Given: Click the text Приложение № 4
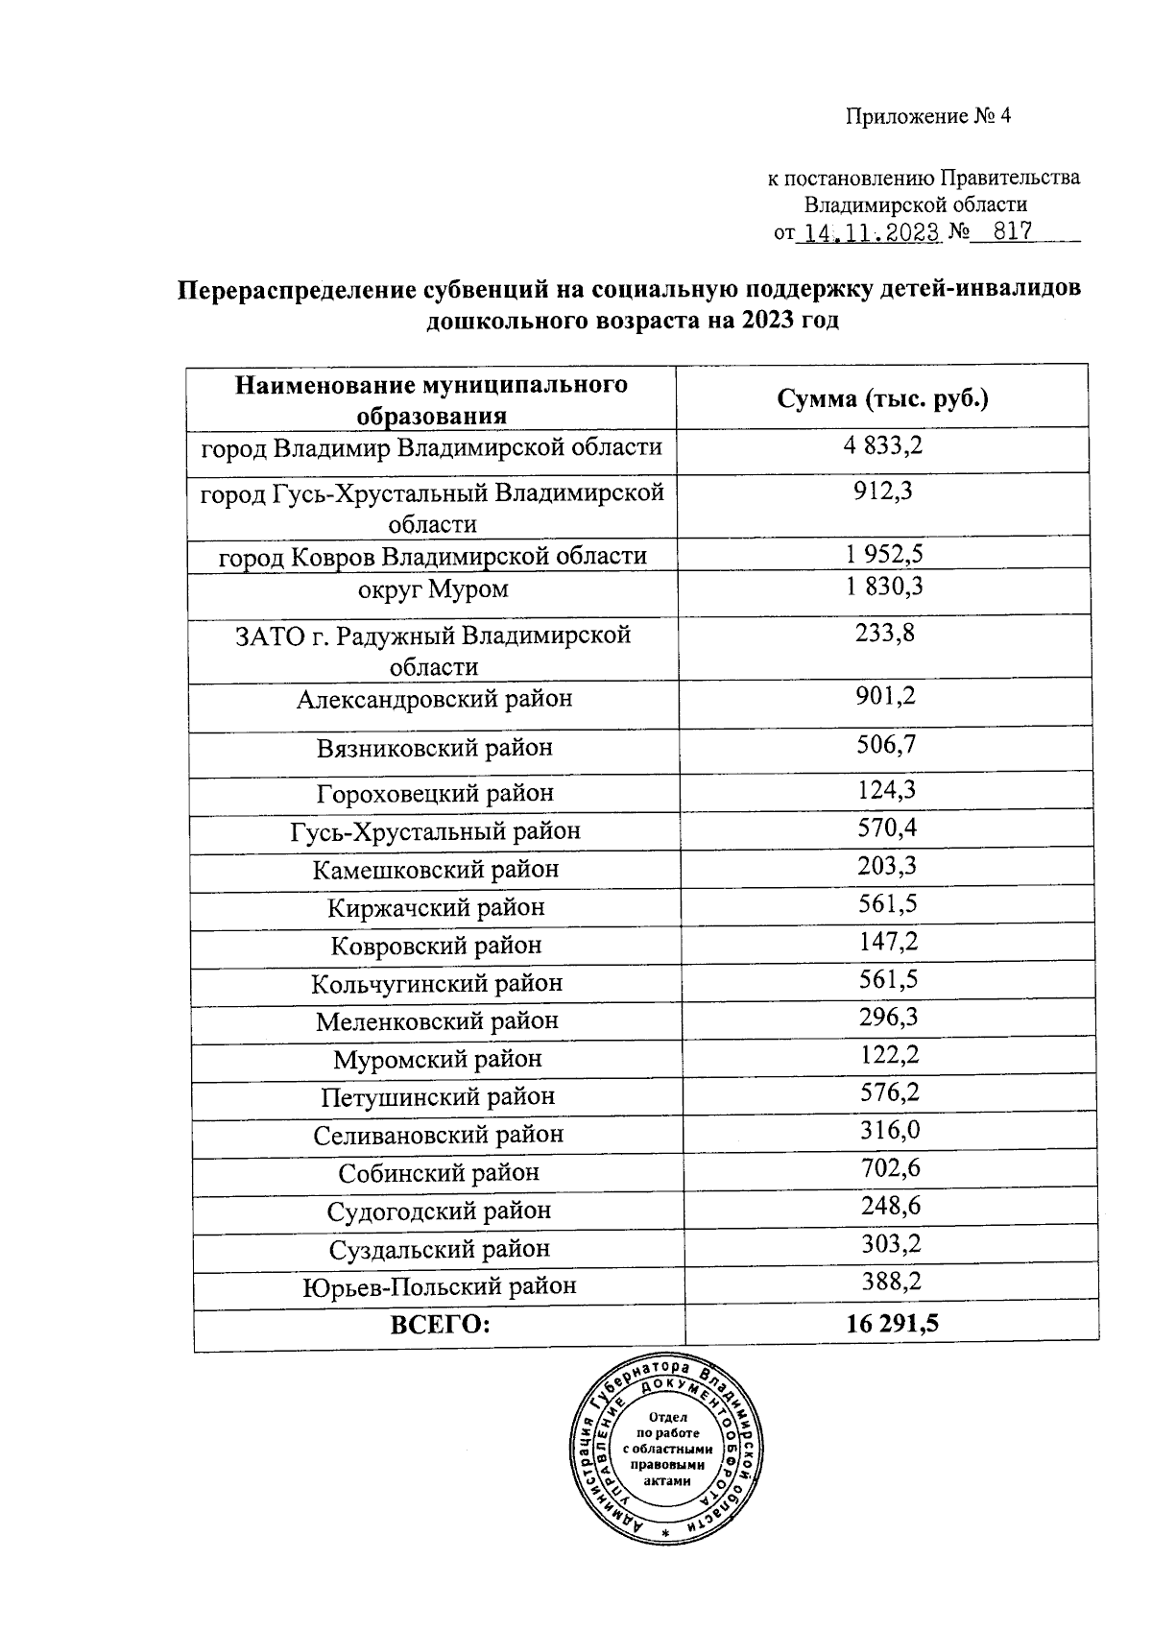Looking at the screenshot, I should coord(928,117).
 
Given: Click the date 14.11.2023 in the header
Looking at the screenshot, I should coord(870,233).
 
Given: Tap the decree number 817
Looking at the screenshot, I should coord(1012,232).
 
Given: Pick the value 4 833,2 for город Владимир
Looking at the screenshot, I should coord(883,445).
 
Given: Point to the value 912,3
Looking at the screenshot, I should coord(883,492).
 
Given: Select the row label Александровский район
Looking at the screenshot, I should coord(434,699).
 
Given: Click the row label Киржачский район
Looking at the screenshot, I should coord(436,907).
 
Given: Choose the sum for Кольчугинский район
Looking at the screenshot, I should coord(887,980).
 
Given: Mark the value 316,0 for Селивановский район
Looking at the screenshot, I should coord(889,1131).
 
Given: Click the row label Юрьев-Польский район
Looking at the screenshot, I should coord(440,1286).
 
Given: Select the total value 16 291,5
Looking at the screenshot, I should coord(892,1325).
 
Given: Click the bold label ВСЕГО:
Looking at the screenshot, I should coord(440,1326).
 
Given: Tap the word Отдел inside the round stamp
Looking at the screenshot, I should coord(668,1417).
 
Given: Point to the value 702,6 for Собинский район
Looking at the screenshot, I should coord(890,1168).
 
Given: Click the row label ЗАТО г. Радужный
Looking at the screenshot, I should coord(433,650).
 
